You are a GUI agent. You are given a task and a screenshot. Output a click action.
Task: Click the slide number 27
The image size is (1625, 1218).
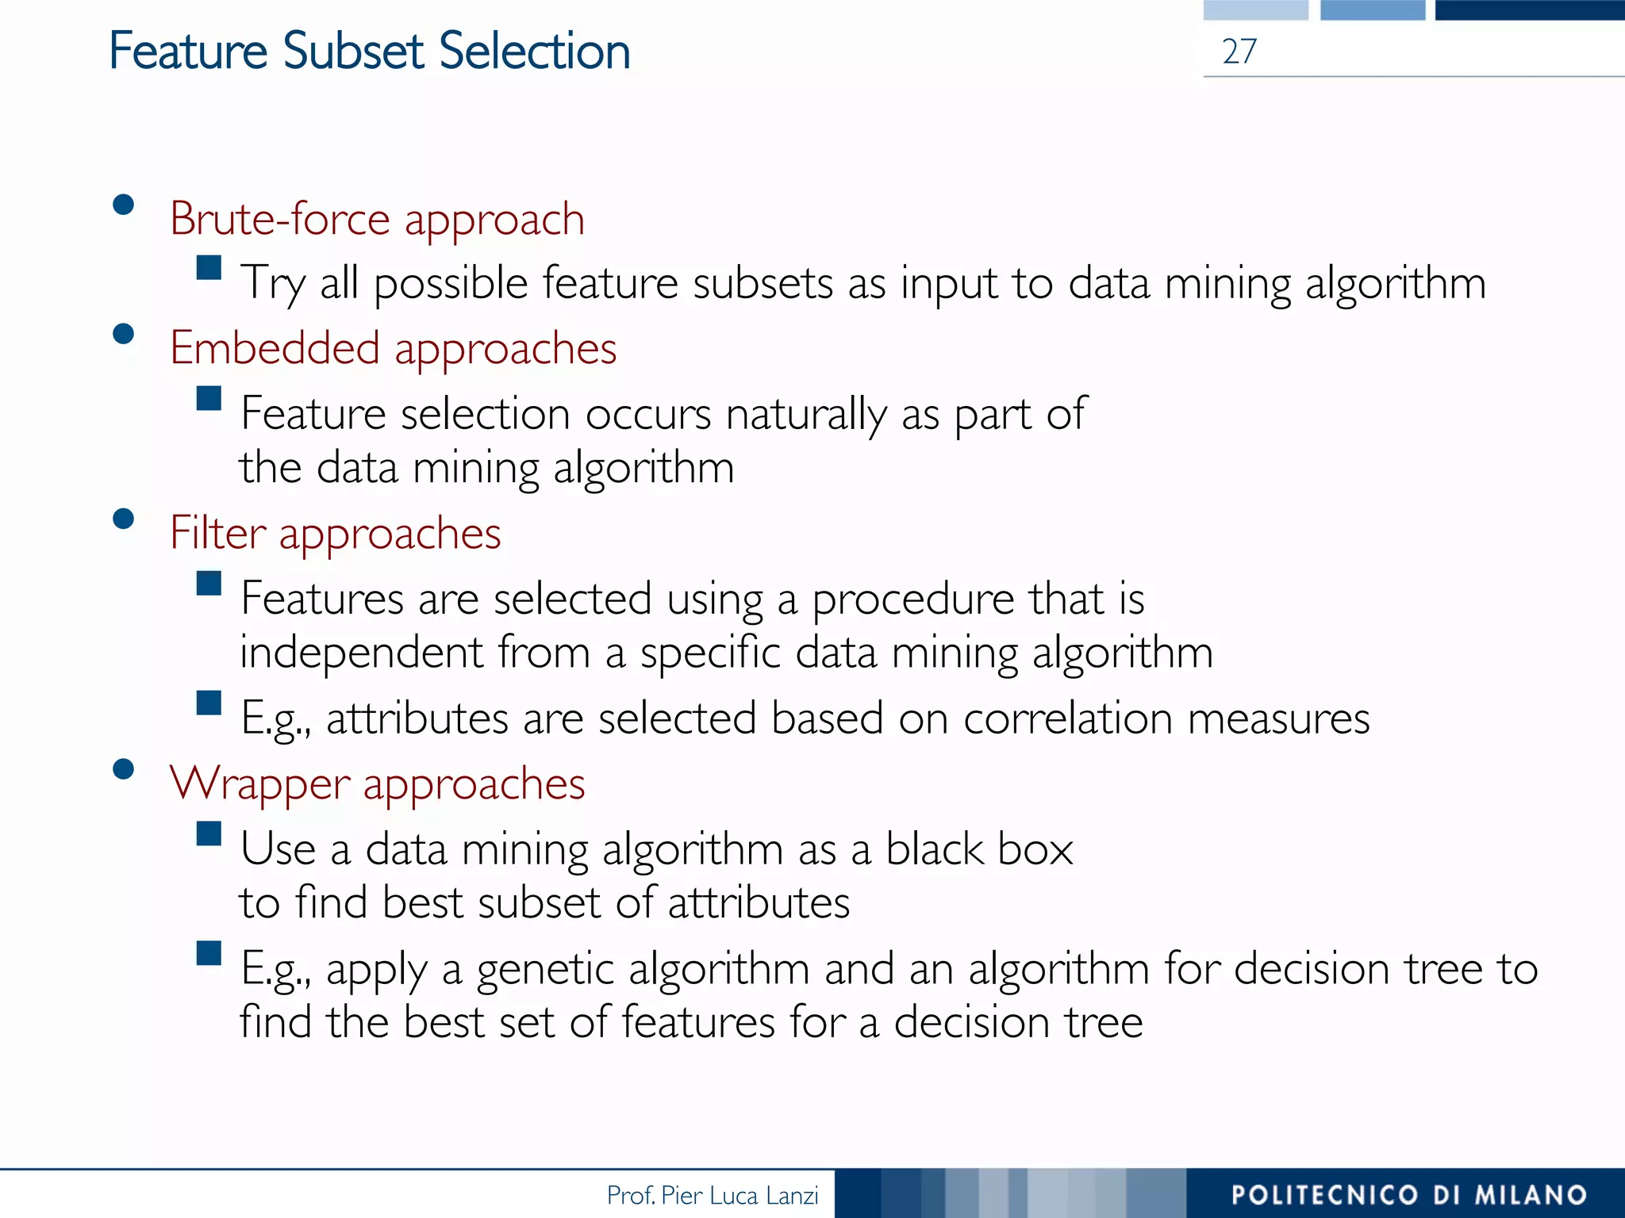pyautogui.click(x=1239, y=52)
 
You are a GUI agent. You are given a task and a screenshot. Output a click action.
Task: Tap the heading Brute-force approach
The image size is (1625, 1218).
pyautogui.click(x=377, y=219)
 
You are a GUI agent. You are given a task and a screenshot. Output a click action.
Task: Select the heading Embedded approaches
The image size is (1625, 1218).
pyautogui.click(x=393, y=348)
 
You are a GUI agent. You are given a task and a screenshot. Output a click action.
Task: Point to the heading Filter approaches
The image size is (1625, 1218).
pyautogui.click(x=335, y=533)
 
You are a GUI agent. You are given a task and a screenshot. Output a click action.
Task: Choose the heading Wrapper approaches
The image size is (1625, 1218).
pyautogui.click(x=377, y=783)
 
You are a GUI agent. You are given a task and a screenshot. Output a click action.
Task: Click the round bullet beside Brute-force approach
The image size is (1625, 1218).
pyautogui.click(x=123, y=205)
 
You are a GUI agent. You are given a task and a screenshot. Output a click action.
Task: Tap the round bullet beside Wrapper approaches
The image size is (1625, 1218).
pyautogui.click(x=123, y=769)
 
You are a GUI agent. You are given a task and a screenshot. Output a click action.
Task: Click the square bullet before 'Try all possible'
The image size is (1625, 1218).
pyautogui.click(x=209, y=267)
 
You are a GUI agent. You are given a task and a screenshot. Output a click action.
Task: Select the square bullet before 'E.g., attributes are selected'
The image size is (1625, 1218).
pyautogui.click(x=209, y=703)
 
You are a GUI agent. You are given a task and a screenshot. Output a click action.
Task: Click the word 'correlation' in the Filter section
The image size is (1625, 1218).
pyautogui.click(x=1068, y=718)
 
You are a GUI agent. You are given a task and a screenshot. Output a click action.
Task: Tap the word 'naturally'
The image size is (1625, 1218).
pyautogui.click(x=805, y=415)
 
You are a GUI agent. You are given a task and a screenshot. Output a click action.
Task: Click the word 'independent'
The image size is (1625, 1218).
pyautogui.click(x=361, y=653)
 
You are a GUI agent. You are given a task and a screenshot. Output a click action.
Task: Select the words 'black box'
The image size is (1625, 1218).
pyautogui.click(x=979, y=849)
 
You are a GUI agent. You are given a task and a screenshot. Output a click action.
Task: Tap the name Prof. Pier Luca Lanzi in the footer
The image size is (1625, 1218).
pyautogui.click(x=712, y=1195)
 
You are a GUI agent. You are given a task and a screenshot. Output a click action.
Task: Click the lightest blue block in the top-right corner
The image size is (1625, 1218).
pyautogui.click(x=1255, y=10)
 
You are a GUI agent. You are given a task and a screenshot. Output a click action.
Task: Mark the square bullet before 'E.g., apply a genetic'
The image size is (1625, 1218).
pyautogui.click(x=209, y=953)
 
